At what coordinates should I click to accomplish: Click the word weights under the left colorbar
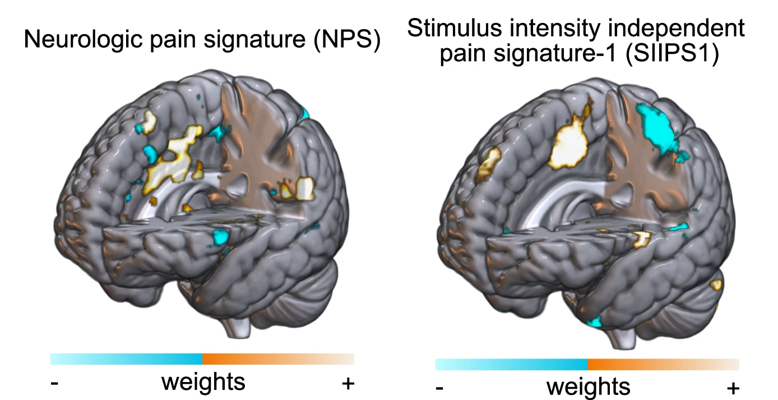(203, 382)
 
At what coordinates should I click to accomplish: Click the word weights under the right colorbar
(588, 387)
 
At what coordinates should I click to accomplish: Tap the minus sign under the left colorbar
(55, 383)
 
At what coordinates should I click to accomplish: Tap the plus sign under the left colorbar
(348, 383)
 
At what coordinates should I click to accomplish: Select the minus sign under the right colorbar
(440, 388)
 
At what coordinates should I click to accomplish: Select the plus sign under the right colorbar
(733, 388)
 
